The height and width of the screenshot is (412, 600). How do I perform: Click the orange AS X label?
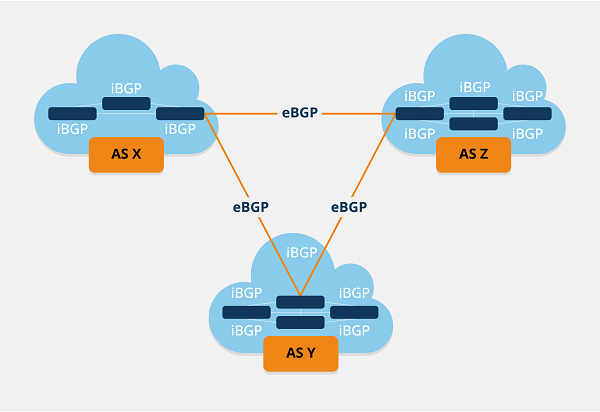[x=126, y=156]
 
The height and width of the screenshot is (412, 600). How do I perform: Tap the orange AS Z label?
[x=473, y=155]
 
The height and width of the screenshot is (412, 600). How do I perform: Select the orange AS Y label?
[x=300, y=353]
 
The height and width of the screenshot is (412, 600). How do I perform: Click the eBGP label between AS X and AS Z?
[x=300, y=113]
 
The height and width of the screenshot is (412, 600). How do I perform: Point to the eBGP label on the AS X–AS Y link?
[x=250, y=207]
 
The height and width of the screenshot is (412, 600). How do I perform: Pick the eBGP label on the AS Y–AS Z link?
[x=348, y=207]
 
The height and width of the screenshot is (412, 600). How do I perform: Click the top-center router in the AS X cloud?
[x=126, y=103]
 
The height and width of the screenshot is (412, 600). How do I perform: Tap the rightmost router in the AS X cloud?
[x=180, y=113]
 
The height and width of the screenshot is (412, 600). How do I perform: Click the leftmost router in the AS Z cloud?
[x=420, y=113]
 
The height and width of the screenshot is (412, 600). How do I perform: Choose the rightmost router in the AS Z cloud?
[x=527, y=113]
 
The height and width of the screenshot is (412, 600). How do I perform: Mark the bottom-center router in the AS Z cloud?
[x=473, y=124]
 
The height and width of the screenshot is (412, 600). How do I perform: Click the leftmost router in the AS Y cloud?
[x=246, y=312]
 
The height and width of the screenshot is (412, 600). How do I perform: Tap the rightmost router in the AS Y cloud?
[x=354, y=312]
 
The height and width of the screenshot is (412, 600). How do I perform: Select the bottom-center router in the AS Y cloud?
[x=300, y=322]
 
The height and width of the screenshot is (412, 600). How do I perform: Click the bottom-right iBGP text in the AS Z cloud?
[x=528, y=132]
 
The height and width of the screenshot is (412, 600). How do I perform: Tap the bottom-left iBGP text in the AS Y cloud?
[x=247, y=330]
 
